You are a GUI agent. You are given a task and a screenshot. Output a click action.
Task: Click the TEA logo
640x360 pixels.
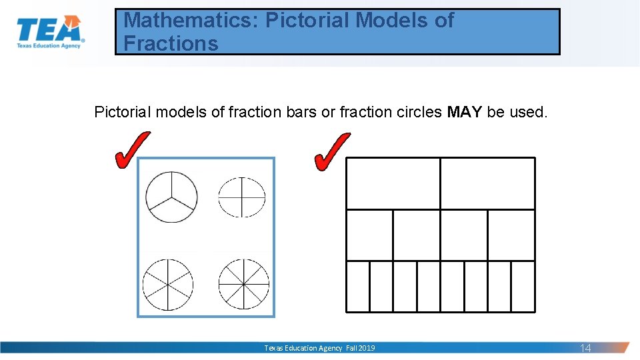(x=51, y=33)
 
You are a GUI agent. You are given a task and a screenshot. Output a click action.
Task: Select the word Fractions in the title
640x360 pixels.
(x=171, y=44)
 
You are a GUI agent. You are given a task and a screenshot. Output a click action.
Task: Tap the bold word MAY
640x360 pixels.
(x=465, y=112)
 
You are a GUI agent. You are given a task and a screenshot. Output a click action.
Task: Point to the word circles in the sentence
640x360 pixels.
(x=411, y=112)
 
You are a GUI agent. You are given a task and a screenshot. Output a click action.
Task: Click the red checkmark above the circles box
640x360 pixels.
(x=131, y=150)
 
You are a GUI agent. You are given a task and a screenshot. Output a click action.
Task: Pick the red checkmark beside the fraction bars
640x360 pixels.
(x=331, y=151)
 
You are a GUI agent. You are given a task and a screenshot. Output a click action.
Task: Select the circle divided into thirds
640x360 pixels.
(x=171, y=197)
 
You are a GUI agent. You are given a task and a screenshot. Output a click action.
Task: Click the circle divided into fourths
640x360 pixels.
(x=242, y=197)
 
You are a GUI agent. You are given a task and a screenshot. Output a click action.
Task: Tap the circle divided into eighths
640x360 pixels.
(x=244, y=283)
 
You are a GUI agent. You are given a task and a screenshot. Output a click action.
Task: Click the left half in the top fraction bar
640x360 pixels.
(x=393, y=183)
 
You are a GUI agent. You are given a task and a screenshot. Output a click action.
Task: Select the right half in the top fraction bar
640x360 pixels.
(x=487, y=183)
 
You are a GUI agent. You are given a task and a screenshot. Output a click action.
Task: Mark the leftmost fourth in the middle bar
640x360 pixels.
(x=369, y=235)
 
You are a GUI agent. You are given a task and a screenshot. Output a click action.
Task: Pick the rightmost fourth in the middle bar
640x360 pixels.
(x=511, y=235)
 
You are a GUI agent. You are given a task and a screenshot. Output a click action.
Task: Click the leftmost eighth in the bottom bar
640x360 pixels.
(x=358, y=286)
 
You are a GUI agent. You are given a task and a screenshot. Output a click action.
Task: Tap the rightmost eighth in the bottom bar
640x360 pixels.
(x=523, y=286)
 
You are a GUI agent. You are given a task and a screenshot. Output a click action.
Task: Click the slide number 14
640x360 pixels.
(x=585, y=348)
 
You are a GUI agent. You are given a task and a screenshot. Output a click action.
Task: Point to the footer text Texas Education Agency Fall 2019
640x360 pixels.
(x=319, y=348)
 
